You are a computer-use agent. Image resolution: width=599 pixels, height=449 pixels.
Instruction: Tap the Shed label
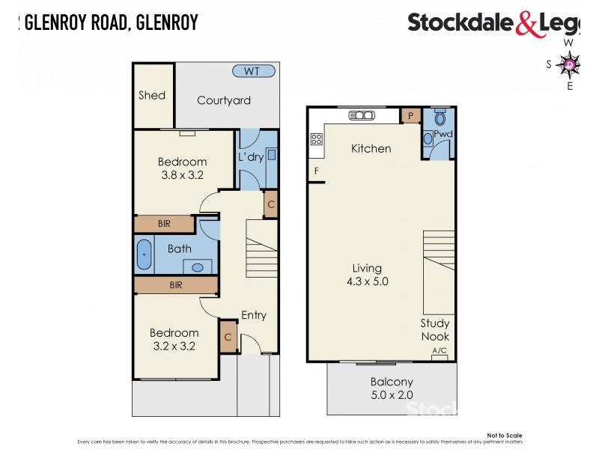tap(152, 95)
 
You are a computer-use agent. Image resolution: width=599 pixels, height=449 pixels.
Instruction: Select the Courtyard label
tap(224, 100)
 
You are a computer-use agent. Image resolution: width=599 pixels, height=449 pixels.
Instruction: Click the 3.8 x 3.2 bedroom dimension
tap(183, 175)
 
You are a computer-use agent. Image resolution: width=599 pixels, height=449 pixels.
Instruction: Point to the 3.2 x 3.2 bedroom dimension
tap(174, 346)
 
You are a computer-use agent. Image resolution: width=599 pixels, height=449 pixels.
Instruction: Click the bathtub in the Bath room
tap(145, 255)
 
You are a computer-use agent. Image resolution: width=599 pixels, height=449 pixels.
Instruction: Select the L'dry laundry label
tap(251, 158)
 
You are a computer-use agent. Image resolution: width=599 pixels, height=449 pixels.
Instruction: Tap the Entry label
tap(254, 315)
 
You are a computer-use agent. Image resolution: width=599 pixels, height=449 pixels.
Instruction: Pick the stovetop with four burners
tap(316, 138)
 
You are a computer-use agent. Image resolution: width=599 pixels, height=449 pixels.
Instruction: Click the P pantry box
tap(410, 115)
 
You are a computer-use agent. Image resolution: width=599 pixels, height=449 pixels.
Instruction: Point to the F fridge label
tap(317, 171)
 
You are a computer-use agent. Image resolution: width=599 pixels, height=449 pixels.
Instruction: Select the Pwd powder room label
tap(443, 134)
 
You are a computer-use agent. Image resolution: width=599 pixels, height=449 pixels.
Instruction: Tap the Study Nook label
tap(434, 330)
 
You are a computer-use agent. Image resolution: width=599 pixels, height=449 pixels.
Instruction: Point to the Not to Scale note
tap(504, 435)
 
